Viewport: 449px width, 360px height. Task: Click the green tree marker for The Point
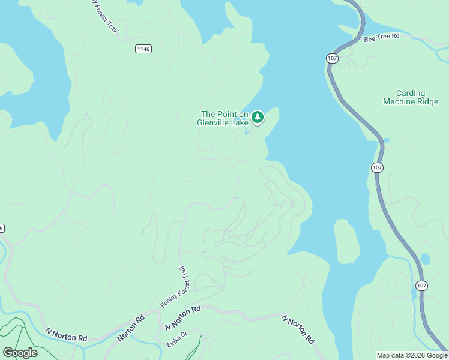point(258,117)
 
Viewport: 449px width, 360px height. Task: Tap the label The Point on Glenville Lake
point(223,118)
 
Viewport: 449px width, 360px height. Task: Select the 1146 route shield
point(143,49)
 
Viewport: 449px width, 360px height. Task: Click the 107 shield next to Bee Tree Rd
point(333,58)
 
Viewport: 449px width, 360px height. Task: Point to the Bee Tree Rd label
point(382,37)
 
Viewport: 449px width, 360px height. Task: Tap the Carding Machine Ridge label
point(411,97)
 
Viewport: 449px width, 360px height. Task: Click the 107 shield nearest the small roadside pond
point(422,286)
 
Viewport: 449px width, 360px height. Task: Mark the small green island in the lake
point(346,241)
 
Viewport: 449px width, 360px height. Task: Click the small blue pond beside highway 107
point(425,259)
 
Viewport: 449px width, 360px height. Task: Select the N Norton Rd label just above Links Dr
point(182,318)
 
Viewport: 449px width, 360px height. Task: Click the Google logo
point(20,353)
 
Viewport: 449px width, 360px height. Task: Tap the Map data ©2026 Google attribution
point(412,355)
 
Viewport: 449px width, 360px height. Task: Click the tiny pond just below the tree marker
point(247,132)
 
